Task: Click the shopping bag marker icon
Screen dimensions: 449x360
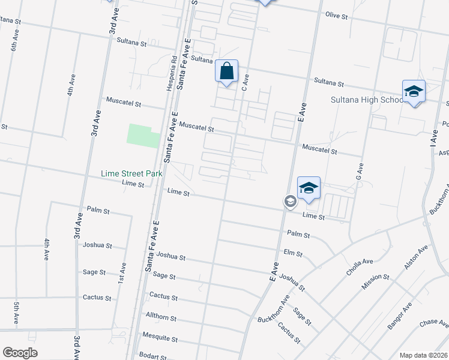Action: click(x=227, y=71)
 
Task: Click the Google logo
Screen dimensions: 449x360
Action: click(x=20, y=353)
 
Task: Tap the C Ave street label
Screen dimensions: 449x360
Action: click(x=245, y=83)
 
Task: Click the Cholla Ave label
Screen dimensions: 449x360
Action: click(x=360, y=266)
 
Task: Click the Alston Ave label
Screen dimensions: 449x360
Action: click(x=416, y=257)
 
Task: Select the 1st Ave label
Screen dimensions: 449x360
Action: click(x=123, y=273)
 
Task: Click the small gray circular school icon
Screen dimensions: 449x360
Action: click(x=289, y=202)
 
